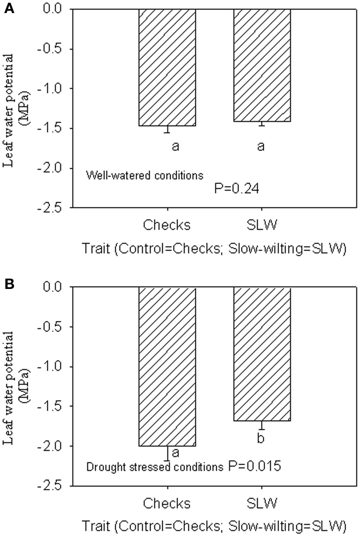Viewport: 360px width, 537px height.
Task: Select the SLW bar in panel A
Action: [x=262, y=65]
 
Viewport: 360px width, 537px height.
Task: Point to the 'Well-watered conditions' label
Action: [x=145, y=176]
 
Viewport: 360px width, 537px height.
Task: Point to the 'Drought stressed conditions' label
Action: [x=155, y=467]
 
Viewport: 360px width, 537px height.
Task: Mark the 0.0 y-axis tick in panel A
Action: [x=56, y=9]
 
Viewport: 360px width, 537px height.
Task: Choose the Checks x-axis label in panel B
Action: [x=167, y=503]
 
